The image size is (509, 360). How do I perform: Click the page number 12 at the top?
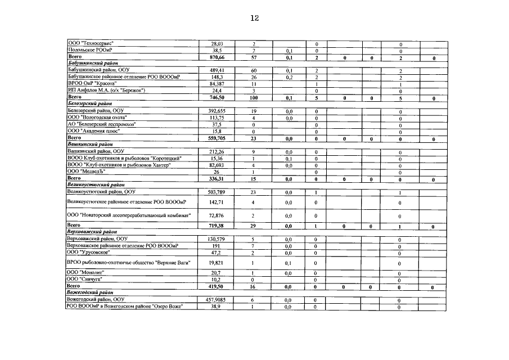pos(254,18)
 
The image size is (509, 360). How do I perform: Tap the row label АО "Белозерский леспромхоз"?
pos(101,124)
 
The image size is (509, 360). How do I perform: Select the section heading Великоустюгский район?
pos(95,184)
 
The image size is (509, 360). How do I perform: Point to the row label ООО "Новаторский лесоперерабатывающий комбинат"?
pos(129,215)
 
